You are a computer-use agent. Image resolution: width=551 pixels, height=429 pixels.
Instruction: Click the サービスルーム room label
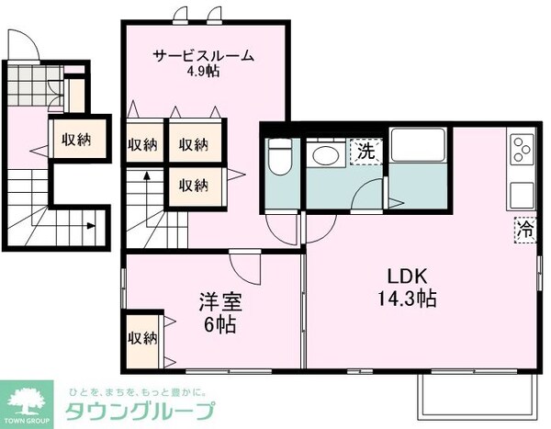(x=203, y=55)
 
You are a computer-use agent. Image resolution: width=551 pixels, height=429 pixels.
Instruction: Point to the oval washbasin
(x=323, y=155)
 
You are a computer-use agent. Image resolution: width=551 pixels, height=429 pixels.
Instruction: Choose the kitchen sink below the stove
(x=522, y=195)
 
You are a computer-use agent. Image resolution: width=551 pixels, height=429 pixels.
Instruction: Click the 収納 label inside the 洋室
(x=141, y=337)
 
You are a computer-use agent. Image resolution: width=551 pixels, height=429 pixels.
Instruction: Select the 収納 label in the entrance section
(x=77, y=141)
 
